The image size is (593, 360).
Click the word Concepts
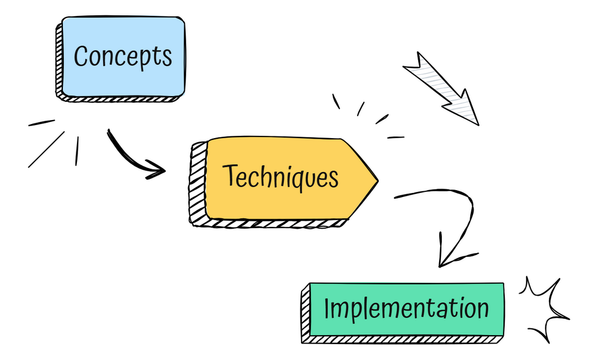click(123, 56)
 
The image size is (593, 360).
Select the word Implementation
click(406, 309)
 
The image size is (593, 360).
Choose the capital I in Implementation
click(327, 308)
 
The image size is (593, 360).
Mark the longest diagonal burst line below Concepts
click(46, 149)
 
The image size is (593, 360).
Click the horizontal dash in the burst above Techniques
click(396, 137)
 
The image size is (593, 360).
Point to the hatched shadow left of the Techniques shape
click(197, 184)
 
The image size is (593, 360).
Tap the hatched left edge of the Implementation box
click(306, 314)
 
